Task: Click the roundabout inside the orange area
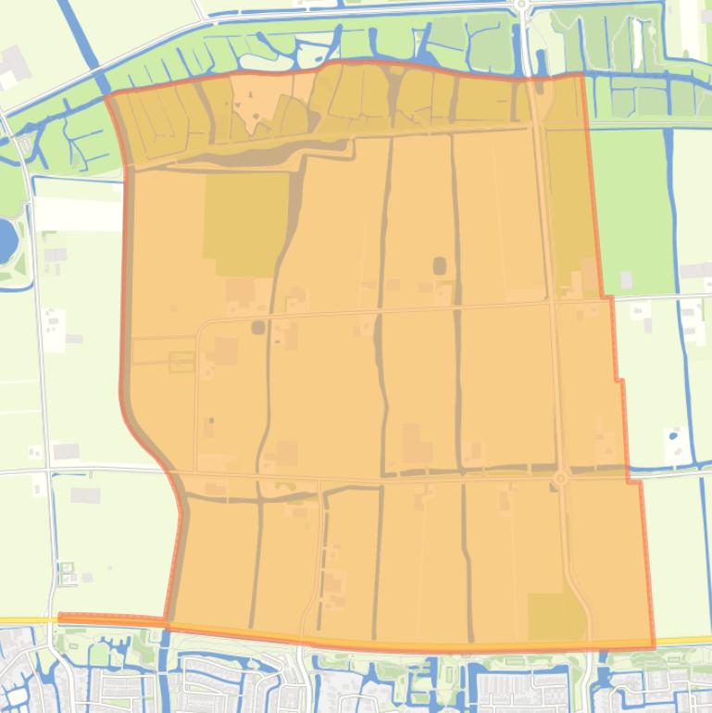click(560, 478)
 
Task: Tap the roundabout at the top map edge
click(521, 5)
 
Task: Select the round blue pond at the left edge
click(6, 239)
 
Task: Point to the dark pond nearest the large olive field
click(257, 326)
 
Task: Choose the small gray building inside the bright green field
click(627, 279)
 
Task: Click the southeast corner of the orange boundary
click(654, 645)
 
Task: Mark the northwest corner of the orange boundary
click(107, 94)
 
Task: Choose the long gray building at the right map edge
click(695, 270)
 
